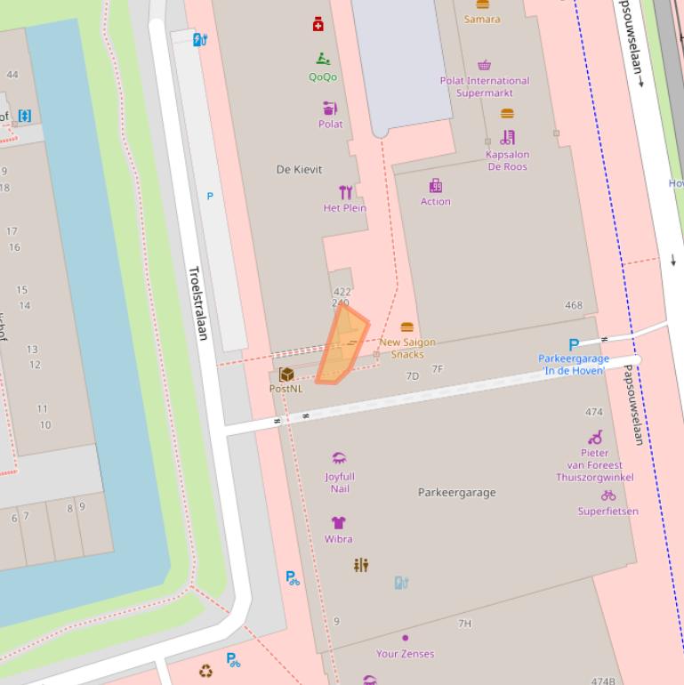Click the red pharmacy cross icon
318,25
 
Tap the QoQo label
323,77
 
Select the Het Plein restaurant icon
346,192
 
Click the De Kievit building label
299,169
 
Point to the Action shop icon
436,186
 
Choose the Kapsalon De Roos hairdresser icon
508,137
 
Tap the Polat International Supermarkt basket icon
484,65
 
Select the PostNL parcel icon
286,375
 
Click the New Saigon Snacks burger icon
407,327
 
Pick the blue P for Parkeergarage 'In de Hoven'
574,345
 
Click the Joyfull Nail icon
338,459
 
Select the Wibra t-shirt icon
338,523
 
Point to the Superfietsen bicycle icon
608,496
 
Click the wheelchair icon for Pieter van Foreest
595,438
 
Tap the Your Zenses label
405,654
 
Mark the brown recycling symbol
206,671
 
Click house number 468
574,305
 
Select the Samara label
482,19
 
